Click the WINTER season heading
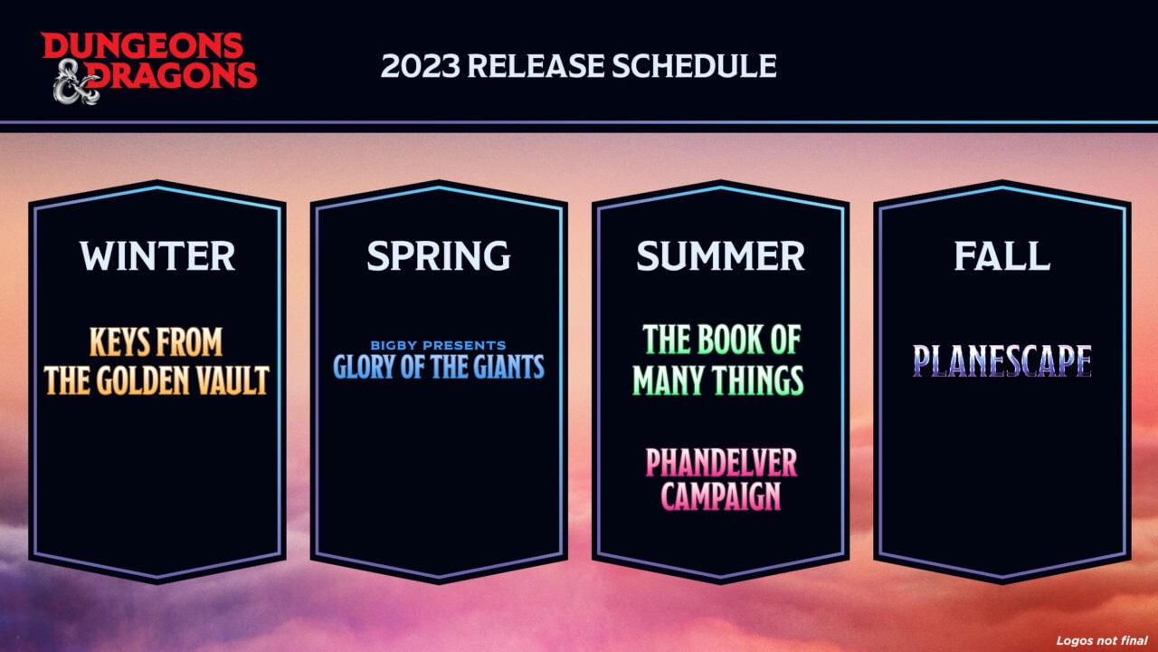(157, 256)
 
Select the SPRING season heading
(438, 256)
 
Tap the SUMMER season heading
(720, 256)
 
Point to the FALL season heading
(1001, 256)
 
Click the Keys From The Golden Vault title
(157, 362)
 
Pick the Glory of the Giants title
(439, 367)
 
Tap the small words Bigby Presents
(438, 345)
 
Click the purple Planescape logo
(1001, 360)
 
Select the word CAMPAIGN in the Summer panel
(721, 497)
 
